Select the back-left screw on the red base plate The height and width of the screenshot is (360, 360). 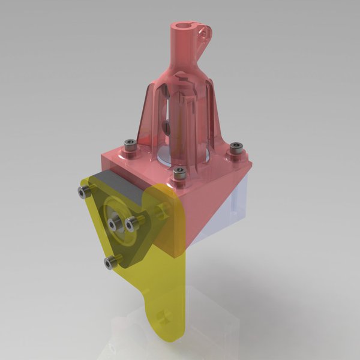tap(129, 144)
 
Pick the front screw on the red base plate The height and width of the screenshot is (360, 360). tap(178, 173)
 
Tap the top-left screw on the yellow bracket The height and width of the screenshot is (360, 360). tap(83, 191)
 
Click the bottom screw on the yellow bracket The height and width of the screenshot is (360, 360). tap(110, 262)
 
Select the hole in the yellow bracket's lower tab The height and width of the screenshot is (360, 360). tap(160, 316)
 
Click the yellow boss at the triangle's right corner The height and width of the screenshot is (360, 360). tap(160, 211)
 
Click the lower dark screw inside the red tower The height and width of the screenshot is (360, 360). tap(169, 128)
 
